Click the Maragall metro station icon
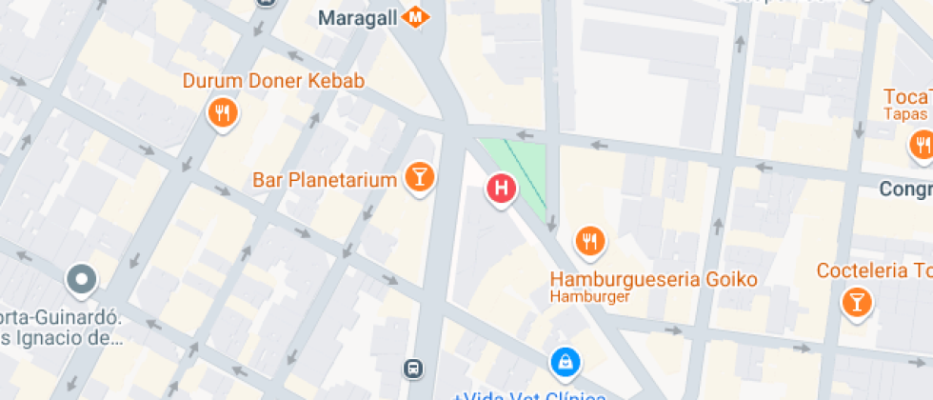coord(414,17)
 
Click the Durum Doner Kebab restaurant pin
coord(222,114)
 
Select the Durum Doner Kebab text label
coord(273,81)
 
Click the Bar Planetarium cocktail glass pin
coord(419,176)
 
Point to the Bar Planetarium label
coord(325,180)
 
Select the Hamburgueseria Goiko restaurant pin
coord(590,241)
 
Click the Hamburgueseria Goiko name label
coord(654,279)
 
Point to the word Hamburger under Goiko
coord(590,297)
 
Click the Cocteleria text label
coord(874,271)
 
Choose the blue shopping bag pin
coord(565,362)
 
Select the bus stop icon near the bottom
coord(413,368)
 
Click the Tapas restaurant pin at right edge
coord(921,146)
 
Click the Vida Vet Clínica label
coord(528,395)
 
